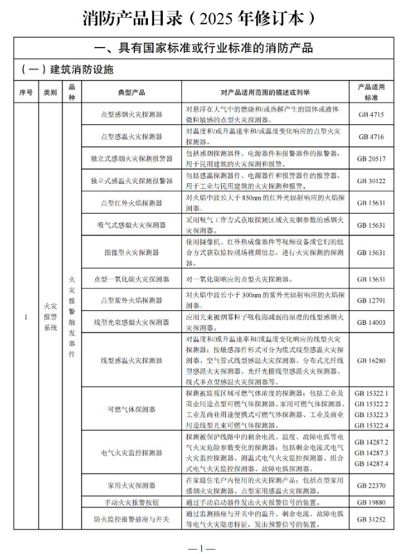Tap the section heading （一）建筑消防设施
click(67, 69)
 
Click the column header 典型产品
click(131, 92)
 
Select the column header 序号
click(26, 92)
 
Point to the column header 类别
click(50, 92)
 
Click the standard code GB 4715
click(371, 115)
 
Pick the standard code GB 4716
click(371, 136)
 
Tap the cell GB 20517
click(371, 158)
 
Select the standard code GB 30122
click(371, 180)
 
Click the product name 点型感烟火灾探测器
click(131, 115)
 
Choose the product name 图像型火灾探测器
click(131, 253)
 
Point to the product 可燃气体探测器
click(131, 409)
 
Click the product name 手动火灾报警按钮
click(131, 503)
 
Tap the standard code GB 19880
click(371, 503)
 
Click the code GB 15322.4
click(371, 425)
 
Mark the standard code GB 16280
click(371, 360)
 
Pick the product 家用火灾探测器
click(131, 485)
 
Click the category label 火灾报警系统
click(50, 317)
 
